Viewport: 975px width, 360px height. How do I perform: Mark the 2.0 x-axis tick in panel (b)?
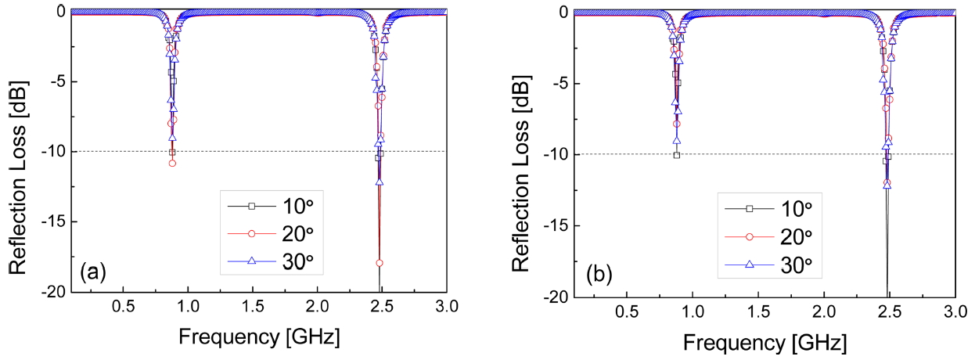[824, 312]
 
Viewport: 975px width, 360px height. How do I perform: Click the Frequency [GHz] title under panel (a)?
[258, 338]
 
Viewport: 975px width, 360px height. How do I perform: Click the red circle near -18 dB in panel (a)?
[380, 263]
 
